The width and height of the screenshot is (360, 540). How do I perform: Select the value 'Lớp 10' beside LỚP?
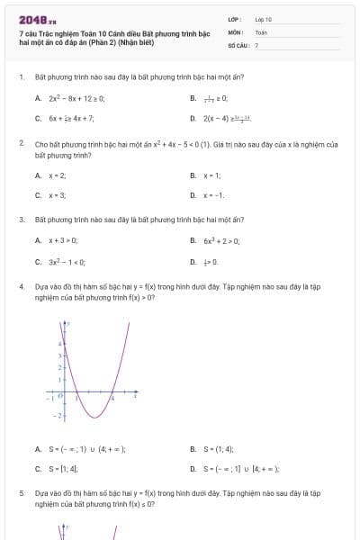click(264, 19)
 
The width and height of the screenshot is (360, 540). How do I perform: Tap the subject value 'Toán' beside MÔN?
click(261, 31)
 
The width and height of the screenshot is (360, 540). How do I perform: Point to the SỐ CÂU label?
click(237, 44)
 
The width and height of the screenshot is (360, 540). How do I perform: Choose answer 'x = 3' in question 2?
click(57, 194)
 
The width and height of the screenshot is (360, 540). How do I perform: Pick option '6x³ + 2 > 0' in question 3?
click(220, 240)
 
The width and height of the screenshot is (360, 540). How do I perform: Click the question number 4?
click(21, 286)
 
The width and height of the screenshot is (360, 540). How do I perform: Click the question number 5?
click(21, 494)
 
